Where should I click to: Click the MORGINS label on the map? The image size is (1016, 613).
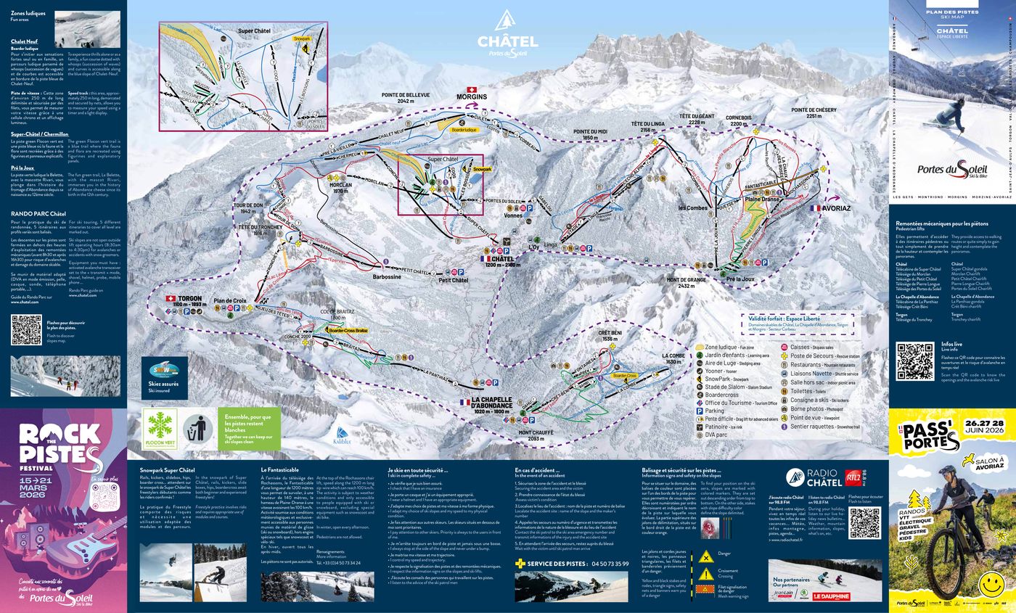click(471, 96)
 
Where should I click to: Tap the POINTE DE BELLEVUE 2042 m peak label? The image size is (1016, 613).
click(405, 98)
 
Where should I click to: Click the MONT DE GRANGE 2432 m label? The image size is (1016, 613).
click(686, 282)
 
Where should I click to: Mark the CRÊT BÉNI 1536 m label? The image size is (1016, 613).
click(608, 335)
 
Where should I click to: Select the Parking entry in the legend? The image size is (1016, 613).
click(715, 411)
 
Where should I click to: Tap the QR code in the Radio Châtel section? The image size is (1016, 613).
click(864, 522)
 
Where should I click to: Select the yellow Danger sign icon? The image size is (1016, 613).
click(705, 557)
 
